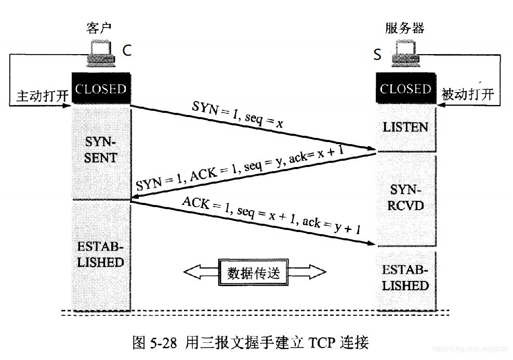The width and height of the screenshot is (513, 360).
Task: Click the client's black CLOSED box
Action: (x=101, y=88)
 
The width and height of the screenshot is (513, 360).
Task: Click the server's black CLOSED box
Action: (x=405, y=88)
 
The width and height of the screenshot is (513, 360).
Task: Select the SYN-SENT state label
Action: (x=101, y=150)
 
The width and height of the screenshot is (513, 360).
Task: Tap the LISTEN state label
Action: (x=405, y=127)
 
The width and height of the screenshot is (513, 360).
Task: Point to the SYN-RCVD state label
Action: (x=405, y=198)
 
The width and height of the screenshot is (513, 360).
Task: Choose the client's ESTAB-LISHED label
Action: (x=101, y=254)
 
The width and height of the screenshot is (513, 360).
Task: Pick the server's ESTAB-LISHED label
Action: (x=405, y=278)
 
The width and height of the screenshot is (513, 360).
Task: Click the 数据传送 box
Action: (x=254, y=272)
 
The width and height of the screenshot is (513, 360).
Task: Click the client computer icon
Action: (x=100, y=54)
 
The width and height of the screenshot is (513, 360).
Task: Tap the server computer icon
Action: (x=405, y=54)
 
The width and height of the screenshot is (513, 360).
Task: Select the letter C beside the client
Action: (x=127, y=50)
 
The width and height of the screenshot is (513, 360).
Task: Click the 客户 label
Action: (x=98, y=29)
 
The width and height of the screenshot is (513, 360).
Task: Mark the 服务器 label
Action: (x=404, y=28)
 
